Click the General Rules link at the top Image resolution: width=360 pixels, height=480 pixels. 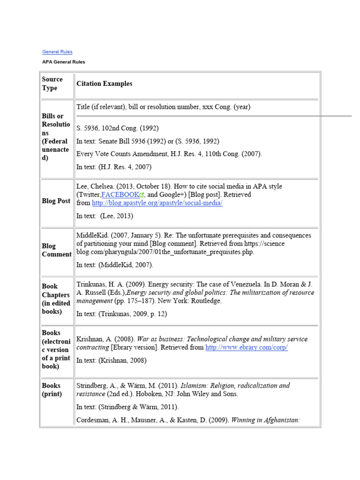(x=57, y=52)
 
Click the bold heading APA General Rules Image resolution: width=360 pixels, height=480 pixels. (x=63, y=62)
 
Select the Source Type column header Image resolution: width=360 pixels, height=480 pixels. (x=52, y=83)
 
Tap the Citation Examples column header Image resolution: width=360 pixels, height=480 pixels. (x=104, y=83)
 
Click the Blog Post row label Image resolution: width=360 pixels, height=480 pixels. (x=56, y=201)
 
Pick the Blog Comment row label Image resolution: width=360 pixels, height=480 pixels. (x=56, y=250)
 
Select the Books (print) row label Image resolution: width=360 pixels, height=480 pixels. (x=52, y=390)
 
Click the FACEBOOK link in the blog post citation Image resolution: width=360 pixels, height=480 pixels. (x=120, y=195)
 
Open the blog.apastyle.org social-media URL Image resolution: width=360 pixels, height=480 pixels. (x=157, y=203)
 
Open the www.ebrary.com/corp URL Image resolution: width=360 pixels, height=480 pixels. (x=247, y=347)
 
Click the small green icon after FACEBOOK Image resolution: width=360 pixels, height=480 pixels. (x=142, y=195)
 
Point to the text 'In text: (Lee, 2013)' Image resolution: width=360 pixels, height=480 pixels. (x=105, y=216)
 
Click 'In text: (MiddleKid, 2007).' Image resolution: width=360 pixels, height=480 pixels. (x=114, y=265)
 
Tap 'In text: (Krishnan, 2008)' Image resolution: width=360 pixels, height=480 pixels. (x=111, y=360)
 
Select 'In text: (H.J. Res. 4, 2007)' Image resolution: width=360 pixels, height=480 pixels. (x=114, y=166)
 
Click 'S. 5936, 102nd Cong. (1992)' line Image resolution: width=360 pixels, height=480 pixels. (x=117, y=128)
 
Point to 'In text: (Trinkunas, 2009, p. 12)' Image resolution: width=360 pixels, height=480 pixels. (x=121, y=314)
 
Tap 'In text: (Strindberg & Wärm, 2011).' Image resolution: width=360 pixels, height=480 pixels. (x=127, y=407)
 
